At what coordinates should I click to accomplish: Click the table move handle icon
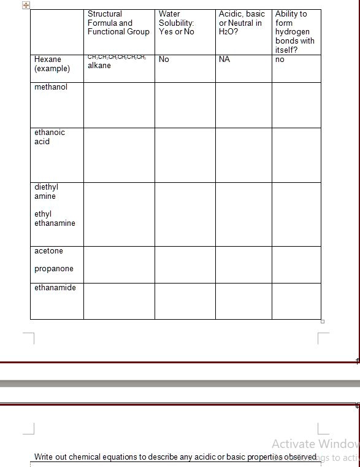click(26, 5)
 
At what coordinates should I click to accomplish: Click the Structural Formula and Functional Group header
click(118, 23)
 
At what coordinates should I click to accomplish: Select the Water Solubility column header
click(176, 23)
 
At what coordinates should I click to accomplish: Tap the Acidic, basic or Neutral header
click(242, 23)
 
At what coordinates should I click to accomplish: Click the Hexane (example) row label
click(52, 64)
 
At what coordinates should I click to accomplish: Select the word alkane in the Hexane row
click(99, 66)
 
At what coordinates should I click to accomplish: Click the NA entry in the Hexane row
click(224, 60)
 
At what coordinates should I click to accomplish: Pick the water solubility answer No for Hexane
click(164, 60)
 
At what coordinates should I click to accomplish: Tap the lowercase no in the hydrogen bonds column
click(280, 60)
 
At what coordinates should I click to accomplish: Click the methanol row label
click(51, 87)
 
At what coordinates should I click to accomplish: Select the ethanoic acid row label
click(50, 137)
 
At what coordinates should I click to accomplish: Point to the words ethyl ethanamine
click(55, 218)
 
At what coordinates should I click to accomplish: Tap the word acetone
click(48, 251)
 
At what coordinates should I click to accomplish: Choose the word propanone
click(54, 269)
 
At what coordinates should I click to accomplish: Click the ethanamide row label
click(55, 288)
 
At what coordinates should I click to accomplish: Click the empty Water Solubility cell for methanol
click(185, 105)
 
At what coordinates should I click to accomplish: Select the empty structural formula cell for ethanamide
click(119, 301)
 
